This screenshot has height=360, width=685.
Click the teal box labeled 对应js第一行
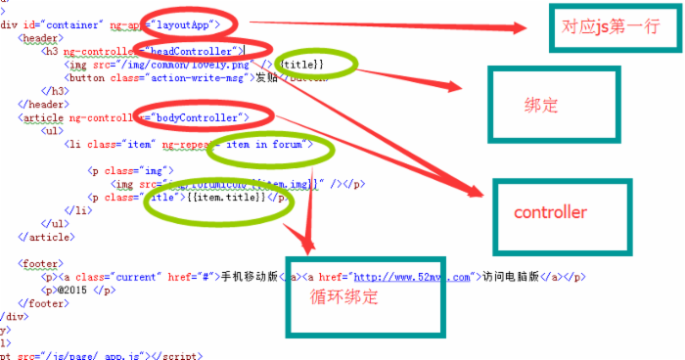(x=613, y=28)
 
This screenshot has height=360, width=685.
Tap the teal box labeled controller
(x=552, y=212)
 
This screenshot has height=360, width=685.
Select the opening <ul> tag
(x=55, y=130)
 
